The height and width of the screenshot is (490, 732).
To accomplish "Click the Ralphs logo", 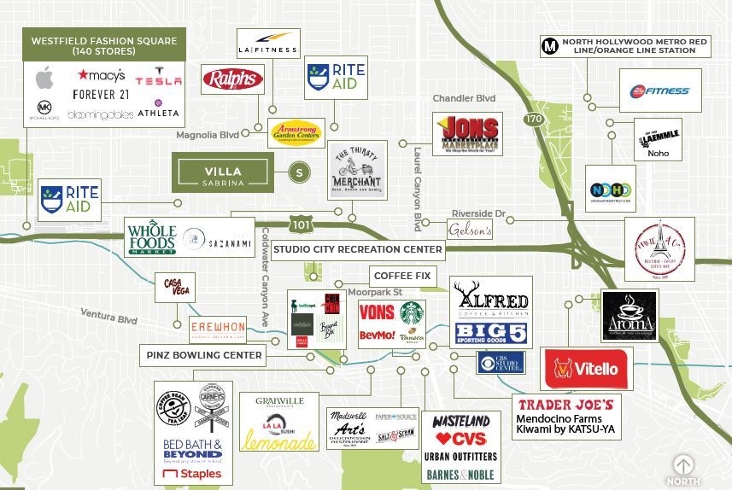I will (232, 79).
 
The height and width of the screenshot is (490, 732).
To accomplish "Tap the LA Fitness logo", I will (268, 43).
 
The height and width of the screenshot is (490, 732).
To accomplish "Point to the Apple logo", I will (44, 79).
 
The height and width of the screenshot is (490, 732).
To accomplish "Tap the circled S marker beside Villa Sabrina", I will (299, 172).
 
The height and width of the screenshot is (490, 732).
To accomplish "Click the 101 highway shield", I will (300, 225).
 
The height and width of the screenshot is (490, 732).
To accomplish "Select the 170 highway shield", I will (534, 119).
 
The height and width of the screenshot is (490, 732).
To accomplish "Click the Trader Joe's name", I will (565, 405).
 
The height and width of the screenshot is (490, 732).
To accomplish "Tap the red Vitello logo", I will (586, 369).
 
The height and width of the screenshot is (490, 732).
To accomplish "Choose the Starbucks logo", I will (412, 312).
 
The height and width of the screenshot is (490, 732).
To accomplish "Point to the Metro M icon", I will (550, 47).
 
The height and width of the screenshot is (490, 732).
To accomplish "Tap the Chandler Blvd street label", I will (464, 98).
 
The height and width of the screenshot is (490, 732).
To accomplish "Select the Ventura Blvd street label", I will (109, 317).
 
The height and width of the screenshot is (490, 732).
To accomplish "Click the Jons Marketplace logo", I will (467, 134).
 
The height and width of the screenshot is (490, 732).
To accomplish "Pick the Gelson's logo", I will (470, 230).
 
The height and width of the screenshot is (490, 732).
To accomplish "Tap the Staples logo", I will (192, 474).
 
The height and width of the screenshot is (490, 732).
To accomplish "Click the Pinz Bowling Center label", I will (204, 355).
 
